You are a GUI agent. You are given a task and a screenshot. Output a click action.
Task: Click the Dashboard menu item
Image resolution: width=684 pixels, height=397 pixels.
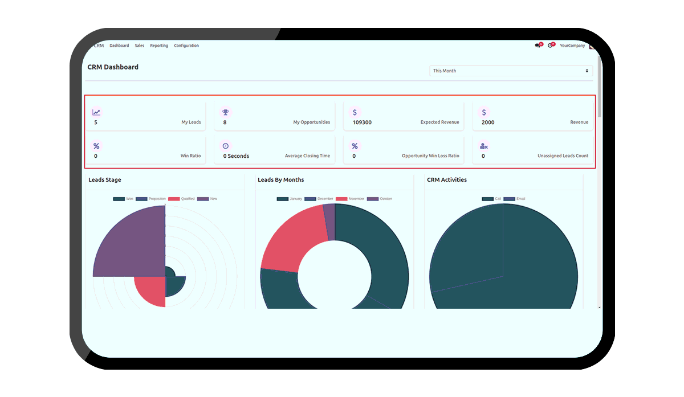click(119, 46)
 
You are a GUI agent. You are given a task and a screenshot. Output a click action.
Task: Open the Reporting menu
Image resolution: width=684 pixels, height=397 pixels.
click(159, 46)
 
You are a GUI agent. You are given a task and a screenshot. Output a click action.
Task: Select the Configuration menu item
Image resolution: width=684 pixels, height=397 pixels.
click(186, 46)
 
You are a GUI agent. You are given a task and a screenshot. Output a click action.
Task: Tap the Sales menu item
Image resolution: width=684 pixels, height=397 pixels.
click(140, 46)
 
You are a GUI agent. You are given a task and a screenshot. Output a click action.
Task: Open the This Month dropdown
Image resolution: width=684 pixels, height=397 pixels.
click(511, 71)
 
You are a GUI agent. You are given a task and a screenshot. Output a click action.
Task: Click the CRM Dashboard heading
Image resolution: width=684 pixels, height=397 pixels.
click(113, 67)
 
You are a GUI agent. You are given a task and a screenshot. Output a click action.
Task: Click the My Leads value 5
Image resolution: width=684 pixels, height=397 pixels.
click(96, 122)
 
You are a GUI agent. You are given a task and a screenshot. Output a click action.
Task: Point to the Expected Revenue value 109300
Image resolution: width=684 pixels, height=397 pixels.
click(362, 122)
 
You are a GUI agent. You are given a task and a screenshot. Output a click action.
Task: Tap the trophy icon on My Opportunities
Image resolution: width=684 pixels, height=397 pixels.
click(226, 112)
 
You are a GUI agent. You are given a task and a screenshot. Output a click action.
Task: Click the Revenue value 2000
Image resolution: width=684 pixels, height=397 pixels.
click(488, 122)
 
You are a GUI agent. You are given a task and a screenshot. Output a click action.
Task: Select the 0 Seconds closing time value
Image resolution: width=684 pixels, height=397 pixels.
click(236, 156)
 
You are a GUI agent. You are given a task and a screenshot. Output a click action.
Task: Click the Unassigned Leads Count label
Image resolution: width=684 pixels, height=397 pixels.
click(563, 156)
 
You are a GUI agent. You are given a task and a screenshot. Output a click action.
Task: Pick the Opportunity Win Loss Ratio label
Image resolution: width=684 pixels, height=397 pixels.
click(430, 156)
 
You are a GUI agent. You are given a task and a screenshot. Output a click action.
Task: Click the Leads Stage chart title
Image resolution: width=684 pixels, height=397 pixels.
click(105, 180)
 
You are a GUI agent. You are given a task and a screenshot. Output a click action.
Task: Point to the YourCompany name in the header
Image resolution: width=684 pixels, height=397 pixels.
click(572, 46)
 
